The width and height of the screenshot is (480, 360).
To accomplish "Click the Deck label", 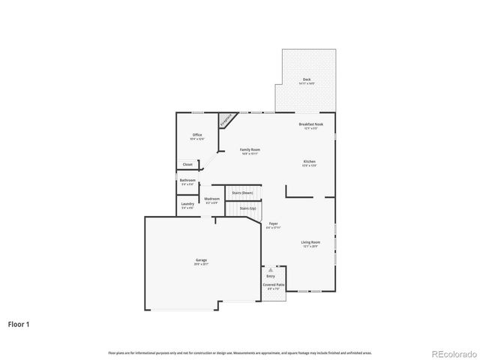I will (307, 79).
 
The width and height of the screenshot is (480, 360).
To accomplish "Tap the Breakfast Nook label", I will (311, 124).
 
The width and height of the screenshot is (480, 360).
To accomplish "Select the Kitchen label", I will (310, 162).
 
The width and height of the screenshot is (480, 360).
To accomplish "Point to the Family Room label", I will (250, 150).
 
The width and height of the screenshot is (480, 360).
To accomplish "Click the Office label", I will (196, 135).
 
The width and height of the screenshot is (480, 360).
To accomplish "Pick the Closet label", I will (187, 164).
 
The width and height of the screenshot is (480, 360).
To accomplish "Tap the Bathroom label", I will (187, 180).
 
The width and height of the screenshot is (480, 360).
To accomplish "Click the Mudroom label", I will (212, 199).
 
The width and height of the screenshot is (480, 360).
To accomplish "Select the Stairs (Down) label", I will (242, 193).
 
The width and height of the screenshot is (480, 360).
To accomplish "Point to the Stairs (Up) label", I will (247, 208).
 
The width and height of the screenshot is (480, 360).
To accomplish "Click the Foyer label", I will (274, 223).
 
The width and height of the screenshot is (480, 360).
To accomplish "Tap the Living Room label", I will (310, 242).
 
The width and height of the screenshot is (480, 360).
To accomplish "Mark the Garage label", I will (202, 259).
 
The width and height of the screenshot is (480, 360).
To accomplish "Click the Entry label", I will (271, 276).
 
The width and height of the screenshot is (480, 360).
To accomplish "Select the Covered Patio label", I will (274, 285).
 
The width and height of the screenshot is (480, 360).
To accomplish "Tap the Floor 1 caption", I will (19, 325).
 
